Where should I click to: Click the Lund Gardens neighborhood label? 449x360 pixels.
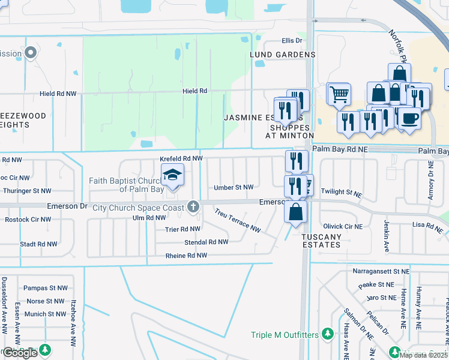click(x=283, y=55)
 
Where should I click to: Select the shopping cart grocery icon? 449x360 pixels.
click(x=339, y=94)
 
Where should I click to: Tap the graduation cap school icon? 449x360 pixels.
click(x=172, y=175)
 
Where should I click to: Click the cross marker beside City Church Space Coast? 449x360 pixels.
click(x=193, y=208)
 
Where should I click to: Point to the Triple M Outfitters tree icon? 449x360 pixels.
click(x=327, y=333)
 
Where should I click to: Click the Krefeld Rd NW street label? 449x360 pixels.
click(x=181, y=158)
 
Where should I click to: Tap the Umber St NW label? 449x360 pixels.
click(x=234, y=187)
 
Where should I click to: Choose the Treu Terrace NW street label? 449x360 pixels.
click(x=238, y=221)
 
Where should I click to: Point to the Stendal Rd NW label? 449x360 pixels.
click(x=206, y=242)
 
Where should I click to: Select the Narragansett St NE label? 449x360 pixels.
click(x=381, y=271)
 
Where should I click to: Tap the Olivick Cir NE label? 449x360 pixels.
click(x=343, y=227)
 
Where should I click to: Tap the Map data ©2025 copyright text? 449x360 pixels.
click(x=423, y=355)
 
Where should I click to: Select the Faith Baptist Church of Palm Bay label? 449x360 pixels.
click(x=125, y=184)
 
